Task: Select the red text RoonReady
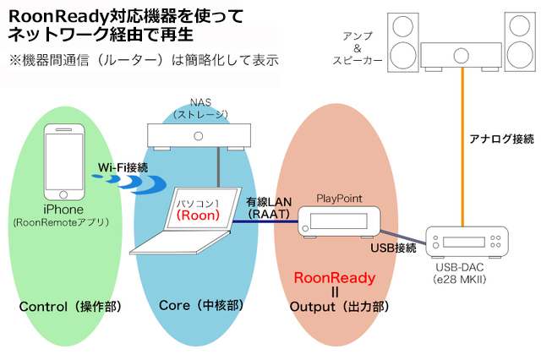coord(334,277)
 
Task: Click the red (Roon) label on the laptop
coord(202,215)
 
